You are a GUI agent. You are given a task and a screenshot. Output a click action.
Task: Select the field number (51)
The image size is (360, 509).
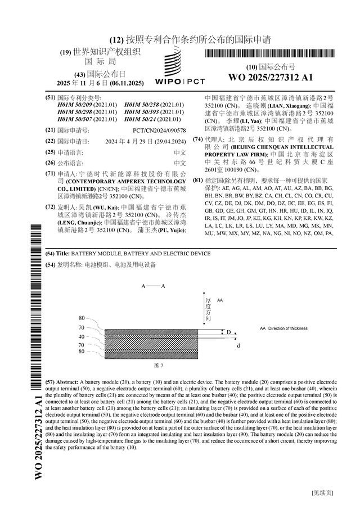[50, 98]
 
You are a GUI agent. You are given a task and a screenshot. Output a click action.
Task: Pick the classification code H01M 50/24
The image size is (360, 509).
[157, 119]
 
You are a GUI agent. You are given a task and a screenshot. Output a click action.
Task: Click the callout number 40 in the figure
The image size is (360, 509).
[82, 336]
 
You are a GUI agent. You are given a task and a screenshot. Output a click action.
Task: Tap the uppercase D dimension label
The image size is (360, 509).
[229, 332]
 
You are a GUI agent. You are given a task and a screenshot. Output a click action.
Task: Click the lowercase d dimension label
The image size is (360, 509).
[238, 345]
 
